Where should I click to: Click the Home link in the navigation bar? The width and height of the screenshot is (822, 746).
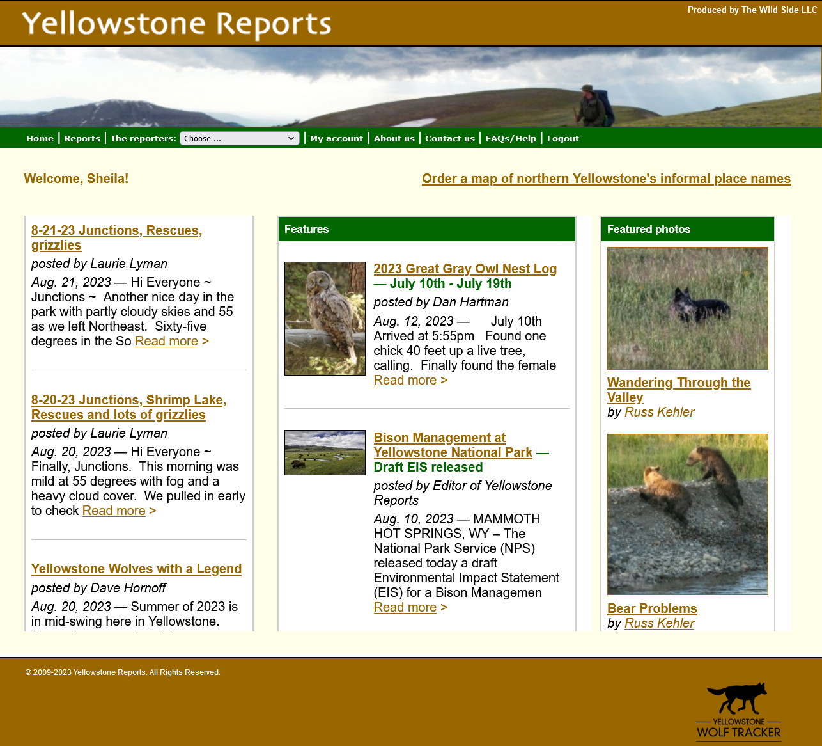pyautogui.click(x=40, y=138)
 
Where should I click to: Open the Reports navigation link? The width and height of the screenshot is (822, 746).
pyautogui.click(x=82, y=138)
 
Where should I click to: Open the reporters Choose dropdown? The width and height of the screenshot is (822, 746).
pyautogui.click(x=240, y=138)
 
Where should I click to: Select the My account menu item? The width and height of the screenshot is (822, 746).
pyautogui.click(x=336, y=138)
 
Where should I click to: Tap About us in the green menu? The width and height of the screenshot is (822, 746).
pyautogui.click(x=394, y=138)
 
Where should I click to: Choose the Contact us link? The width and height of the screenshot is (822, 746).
pyautogui.click(x=450, y=138)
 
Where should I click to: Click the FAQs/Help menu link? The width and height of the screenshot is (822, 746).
pyautogui.click(x=511, y=138)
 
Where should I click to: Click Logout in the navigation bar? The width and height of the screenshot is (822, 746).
pyautogui.click(x=563, y=138)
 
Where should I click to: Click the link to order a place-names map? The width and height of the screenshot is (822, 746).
pyautogui.click(x=607, y=179)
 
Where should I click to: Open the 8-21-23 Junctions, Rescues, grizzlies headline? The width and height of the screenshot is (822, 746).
pyautogui.click(x=117, y=237)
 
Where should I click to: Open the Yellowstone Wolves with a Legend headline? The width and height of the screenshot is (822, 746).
pyautogui.click(x=136, y=569)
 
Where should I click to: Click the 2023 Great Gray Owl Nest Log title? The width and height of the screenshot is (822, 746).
pyautogui.click(x=465, y=269)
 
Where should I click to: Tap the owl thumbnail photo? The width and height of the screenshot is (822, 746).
pyautogui.click(x=325, y=319)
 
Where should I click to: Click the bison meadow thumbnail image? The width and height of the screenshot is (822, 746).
pyautogui.click(x=325, y=452)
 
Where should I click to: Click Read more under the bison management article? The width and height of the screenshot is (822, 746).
pyautogui.click(x=405, y=607)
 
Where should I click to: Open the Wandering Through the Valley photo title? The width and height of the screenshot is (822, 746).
pyautogui.click(x=679, y=390)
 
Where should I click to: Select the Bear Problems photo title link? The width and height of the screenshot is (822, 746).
pyautogui.click(x=652, y=608)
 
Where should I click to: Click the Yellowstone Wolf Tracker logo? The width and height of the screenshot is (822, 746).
pyautogui.click(x=738, y=711)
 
